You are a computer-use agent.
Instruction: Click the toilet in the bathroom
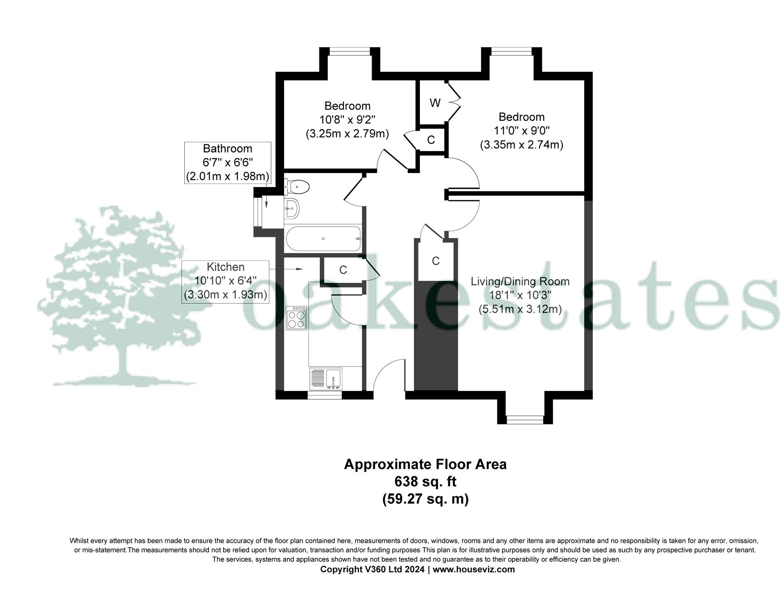tap(298, 187)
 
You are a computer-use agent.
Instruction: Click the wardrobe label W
tap(435, 103)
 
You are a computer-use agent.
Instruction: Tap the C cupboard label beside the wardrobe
tap(431, 140)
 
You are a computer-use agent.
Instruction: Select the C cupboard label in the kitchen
tap(343, 270)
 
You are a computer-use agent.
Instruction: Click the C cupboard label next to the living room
tap(436, 261)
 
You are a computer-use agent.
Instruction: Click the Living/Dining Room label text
tap(520, 282)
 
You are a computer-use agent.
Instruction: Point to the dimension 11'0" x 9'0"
tap(521, 131)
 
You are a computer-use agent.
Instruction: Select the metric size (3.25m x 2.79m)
tap(347, 133)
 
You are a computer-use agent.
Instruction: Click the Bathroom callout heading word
tap(227, 149)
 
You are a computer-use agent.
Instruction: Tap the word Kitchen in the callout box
tap(225, 267)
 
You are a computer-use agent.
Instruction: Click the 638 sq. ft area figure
tap(425, 482)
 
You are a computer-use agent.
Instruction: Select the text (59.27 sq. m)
tap(425, 499)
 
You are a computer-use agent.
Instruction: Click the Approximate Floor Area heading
tap(425, 464)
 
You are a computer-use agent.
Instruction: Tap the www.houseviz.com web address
tap(474, 569)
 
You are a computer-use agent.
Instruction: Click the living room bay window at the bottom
tap(525, 419)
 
